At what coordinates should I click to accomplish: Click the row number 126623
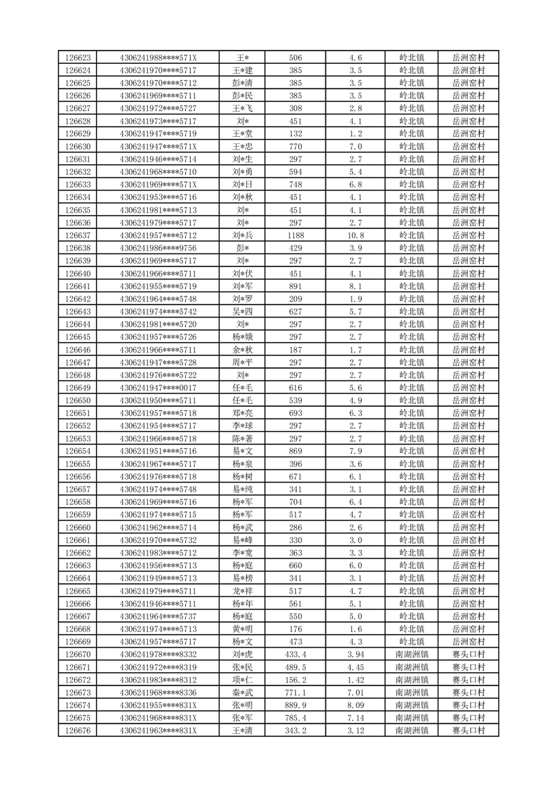[78, 58]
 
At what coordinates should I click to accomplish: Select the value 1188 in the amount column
[295, 235]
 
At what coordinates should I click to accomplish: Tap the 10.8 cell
[355, 235]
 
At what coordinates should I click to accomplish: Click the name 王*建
[243, 70]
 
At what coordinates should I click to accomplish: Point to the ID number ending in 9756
[159, 248]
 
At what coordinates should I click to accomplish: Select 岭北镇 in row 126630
[411, 147]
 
